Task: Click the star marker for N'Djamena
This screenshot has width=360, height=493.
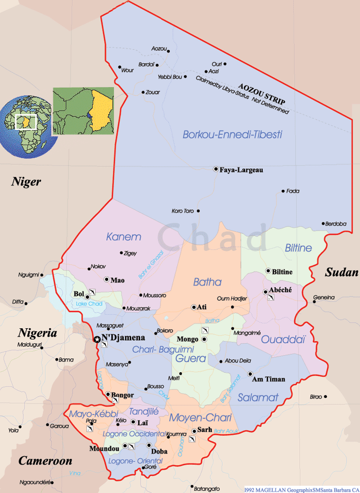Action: (96, 339)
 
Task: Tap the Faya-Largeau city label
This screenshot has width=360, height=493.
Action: (241, 170)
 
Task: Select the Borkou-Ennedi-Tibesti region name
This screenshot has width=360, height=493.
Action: (232, 134)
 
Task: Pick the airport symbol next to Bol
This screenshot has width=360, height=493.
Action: (92, 292)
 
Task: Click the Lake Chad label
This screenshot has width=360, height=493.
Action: (89, 304)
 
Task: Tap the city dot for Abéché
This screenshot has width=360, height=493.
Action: (266, 291)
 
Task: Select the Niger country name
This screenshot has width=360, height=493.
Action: (26, 181)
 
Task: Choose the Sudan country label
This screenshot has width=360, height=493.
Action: (341, 273)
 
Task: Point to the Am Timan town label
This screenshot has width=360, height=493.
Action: (268, 379)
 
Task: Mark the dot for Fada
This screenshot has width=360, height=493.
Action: (283, 191)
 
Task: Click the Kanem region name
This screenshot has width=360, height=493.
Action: (123, 237)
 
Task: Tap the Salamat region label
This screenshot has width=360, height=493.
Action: (258, 398)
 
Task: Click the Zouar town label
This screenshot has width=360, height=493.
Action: (153, 92)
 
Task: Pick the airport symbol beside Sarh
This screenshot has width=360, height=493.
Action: (192, 439)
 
